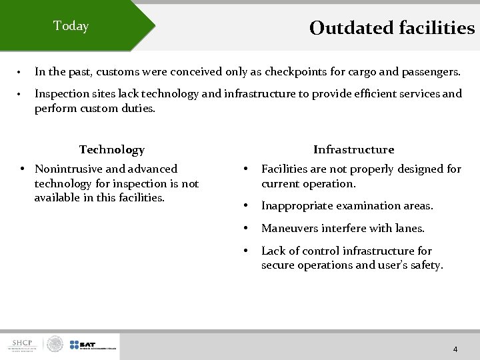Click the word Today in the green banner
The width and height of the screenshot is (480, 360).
71,26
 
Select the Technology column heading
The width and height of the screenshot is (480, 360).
111,149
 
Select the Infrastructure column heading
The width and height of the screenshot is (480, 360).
353,149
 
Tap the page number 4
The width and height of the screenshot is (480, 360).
455,349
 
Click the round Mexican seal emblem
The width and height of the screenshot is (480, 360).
55,345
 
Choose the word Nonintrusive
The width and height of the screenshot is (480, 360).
73,169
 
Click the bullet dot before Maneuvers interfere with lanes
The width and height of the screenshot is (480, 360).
246,228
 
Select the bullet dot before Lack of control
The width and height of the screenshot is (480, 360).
246,251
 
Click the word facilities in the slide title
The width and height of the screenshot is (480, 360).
437,28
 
